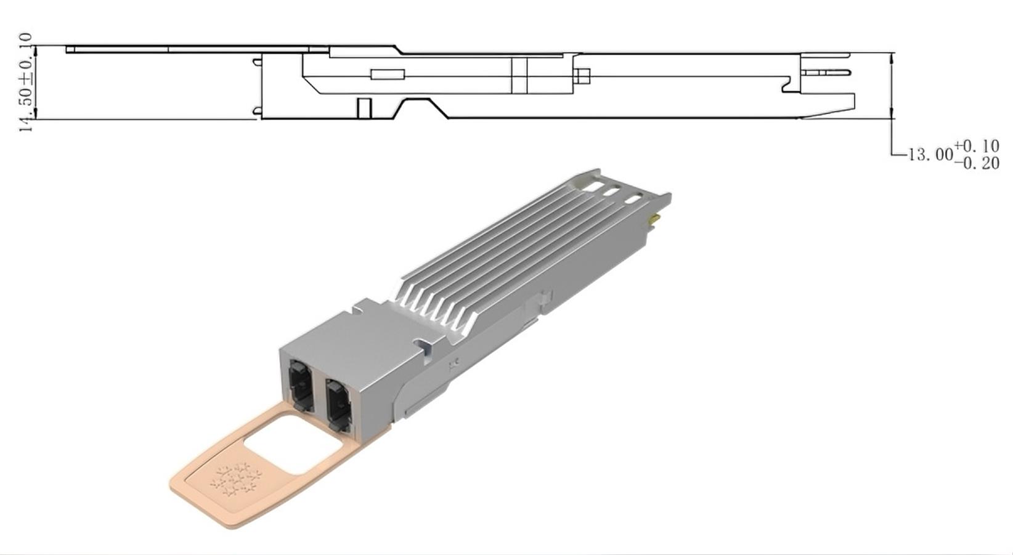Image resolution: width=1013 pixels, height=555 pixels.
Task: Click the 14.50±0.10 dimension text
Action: click(26, 83)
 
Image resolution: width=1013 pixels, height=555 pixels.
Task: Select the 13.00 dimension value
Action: click(930, 155)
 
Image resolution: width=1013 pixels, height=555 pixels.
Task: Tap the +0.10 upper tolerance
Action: click(977, 146)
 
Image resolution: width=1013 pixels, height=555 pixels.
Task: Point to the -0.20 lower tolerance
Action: click(977, 163)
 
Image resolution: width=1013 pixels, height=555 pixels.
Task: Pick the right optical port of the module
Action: click(338, 405)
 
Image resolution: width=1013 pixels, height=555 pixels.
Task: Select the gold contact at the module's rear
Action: click(654, 221)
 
